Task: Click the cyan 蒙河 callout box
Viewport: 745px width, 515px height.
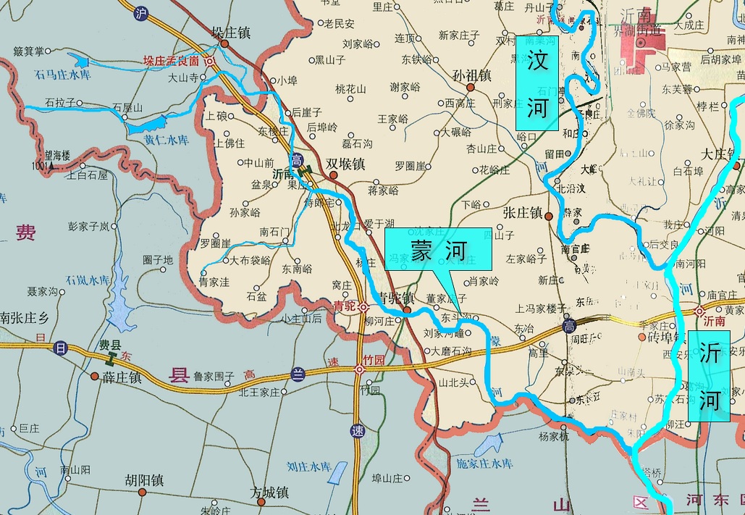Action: [x=438, y=251]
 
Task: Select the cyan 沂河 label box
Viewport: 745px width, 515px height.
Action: [x=709, y=376]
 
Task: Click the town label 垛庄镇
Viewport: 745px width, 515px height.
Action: [x=230, y=33]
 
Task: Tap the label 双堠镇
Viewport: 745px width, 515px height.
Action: [x=345, y=164]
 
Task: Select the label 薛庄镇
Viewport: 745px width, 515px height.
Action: [x=122, y=377]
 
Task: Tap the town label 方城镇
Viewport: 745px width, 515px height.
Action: [x=269, y=493]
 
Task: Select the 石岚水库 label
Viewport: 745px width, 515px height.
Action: [x=88, y=280]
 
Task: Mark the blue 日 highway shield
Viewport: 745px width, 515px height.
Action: [x=60, y=348]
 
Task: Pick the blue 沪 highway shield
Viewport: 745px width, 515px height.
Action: [x=141, y=12]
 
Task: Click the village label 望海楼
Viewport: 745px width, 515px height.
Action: [x=56, y=155]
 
